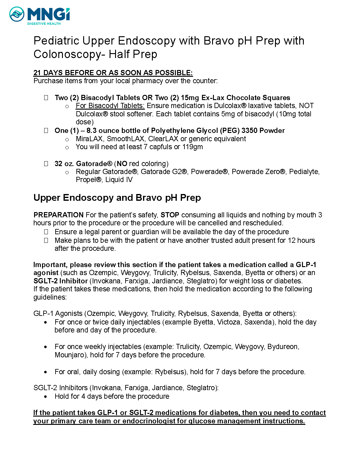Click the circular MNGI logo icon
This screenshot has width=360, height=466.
(x=17, y=14)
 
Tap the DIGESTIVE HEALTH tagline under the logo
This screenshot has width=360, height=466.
(x=44, y=24)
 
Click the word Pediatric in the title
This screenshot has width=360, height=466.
(x=56, y=41)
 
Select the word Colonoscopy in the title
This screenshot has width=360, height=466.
(x=67, y=54)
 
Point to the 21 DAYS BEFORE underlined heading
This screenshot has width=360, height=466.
(x=113, y=73)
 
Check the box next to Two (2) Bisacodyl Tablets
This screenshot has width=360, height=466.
(x=46, y=98)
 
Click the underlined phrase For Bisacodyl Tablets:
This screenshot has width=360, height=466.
(x=110, y=106)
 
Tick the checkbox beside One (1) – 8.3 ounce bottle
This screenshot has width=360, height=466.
(x=46, y=130)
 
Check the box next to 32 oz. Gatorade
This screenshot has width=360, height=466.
(x=46, y=164)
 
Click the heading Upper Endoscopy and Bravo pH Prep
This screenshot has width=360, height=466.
(x=117, y=197)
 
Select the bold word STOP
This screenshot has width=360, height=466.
(x=170, y=215)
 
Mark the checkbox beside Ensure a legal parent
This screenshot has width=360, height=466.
(x=46, y=232)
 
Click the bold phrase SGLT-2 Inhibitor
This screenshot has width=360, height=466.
(x=60, y=281)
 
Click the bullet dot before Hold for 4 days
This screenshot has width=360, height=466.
(x=46, y=397)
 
